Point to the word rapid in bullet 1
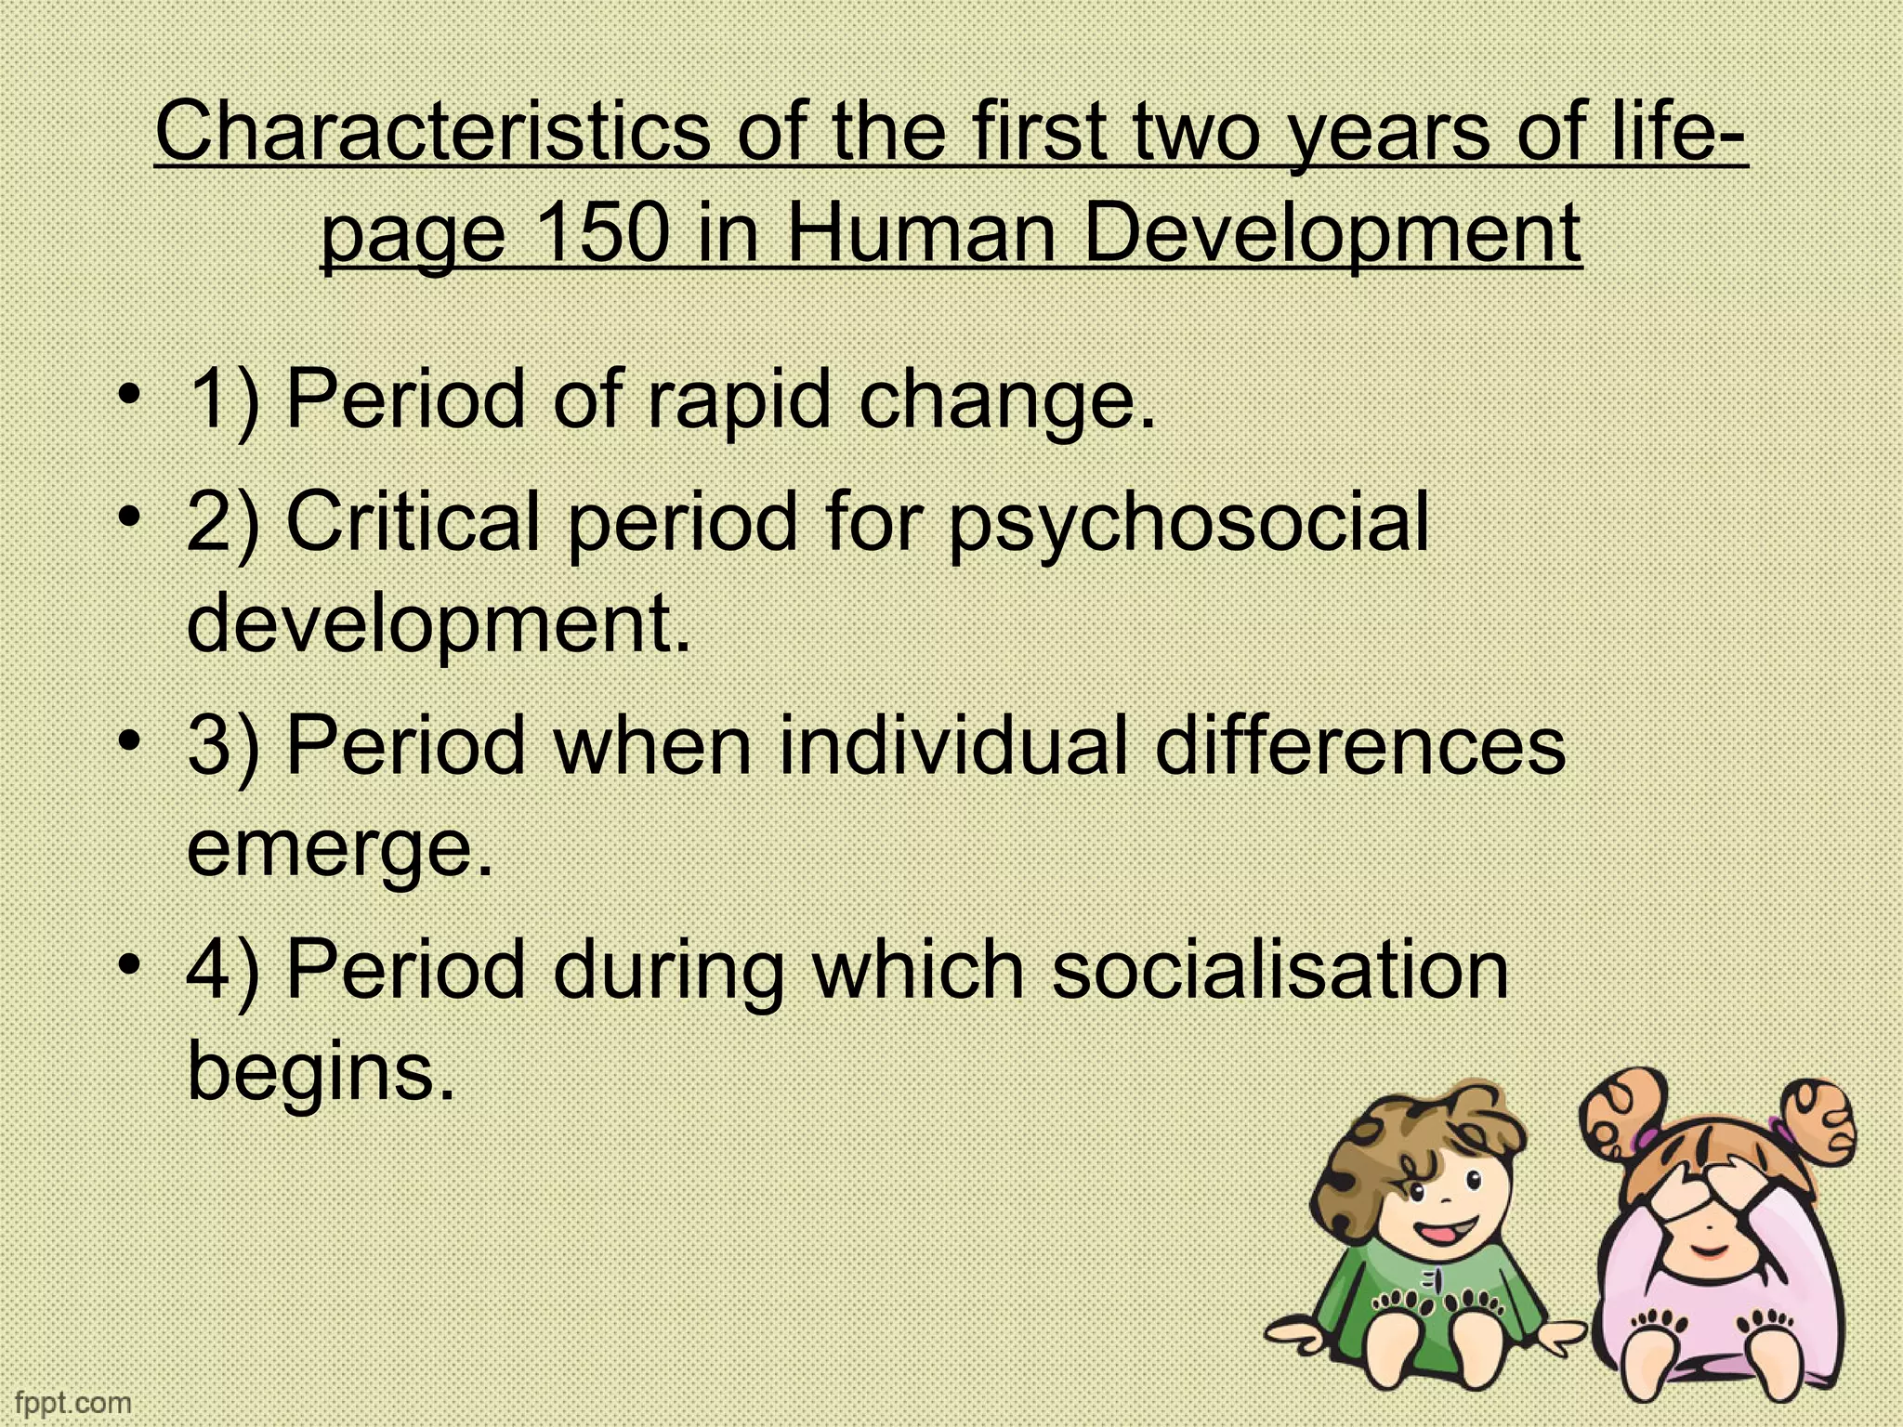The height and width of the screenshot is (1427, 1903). pos(738,400)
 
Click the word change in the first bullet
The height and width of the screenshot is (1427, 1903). pos(1007,400)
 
